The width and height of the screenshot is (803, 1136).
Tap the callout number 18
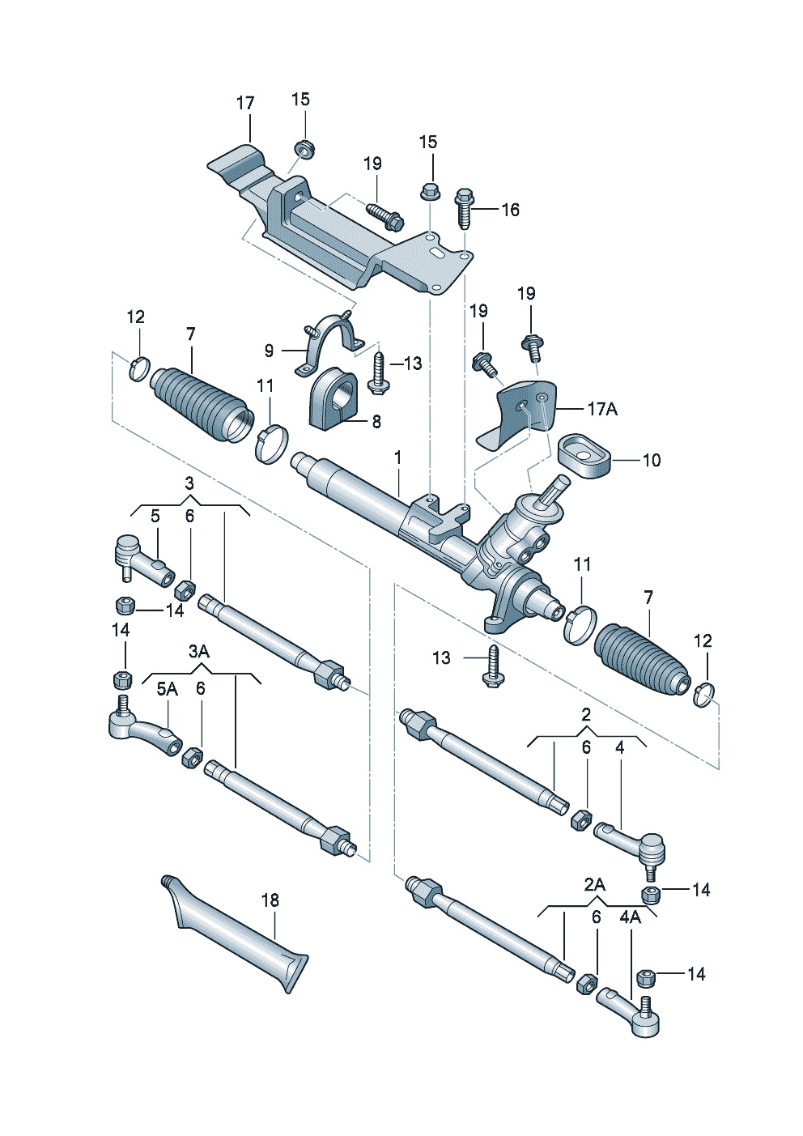[270, 900]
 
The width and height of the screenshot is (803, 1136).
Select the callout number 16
[510, 210]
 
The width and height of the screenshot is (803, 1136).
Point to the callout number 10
[651, 460]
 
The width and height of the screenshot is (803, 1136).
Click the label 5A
[167, 689]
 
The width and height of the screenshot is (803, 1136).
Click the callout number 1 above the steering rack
[398, 458]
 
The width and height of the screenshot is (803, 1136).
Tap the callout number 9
[269, 351]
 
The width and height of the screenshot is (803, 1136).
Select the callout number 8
[376, 421]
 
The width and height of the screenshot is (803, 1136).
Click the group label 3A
[198, 652]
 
